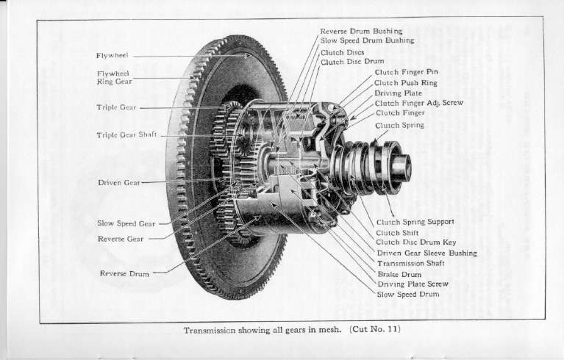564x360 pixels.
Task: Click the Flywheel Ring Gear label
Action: coord(113,78)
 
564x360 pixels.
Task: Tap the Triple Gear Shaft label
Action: coord(126,135)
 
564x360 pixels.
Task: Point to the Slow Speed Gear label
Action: coord(126,223)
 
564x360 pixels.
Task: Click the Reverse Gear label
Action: coord(121,239)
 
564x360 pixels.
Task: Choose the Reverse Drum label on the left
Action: coord(124,273)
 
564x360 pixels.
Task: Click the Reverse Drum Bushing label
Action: coord(361,31)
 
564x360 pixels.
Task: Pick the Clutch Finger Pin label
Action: coord(406,73)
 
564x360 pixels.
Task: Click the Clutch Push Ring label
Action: coord(407,83)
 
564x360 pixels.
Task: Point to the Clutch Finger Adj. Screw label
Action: coord(418,104)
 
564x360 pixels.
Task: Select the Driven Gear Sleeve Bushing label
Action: coord(426,253)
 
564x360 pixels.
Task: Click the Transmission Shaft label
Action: coord(411,263)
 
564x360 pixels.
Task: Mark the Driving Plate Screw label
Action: coord(413,284)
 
